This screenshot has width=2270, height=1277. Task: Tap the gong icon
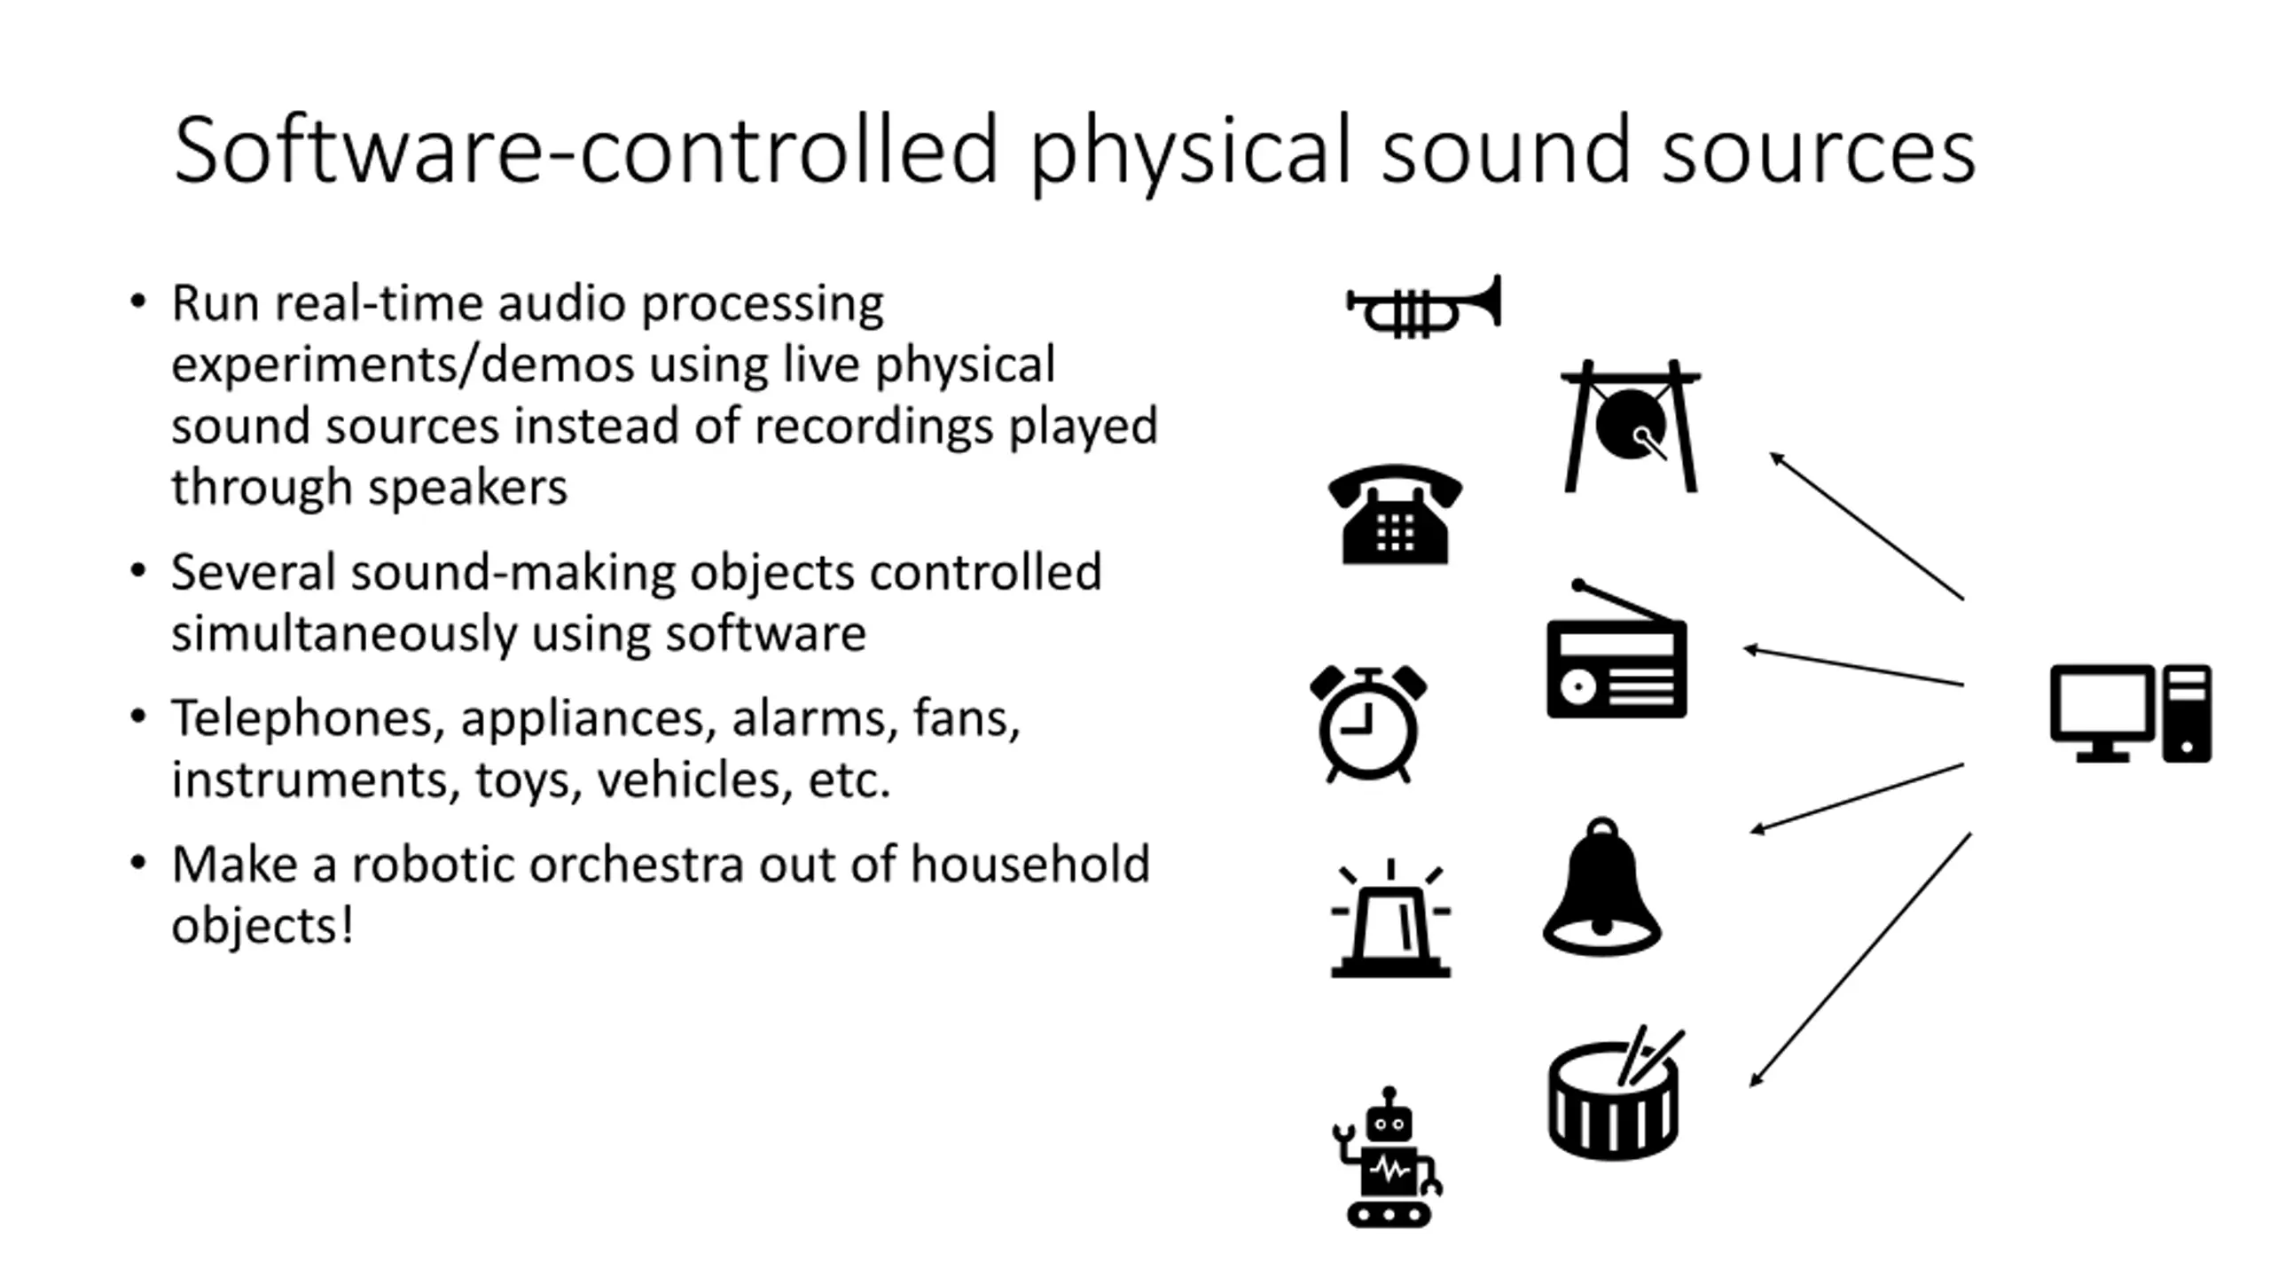(x=1631, y=426)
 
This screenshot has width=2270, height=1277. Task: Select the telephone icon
(x=1395, y=515)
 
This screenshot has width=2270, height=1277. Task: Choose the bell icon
(x=1601, y=889)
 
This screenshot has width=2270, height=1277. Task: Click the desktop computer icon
(x=2130, y=713)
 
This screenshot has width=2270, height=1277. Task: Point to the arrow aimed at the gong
(x=1867, y=526)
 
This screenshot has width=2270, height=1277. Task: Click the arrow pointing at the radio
(x=1853, y=667)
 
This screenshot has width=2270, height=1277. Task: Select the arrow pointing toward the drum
(x=1860, y=960)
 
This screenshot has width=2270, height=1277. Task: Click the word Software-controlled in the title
(x=586, y=151)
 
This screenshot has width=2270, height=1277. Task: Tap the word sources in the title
(x=1818, y=151)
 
